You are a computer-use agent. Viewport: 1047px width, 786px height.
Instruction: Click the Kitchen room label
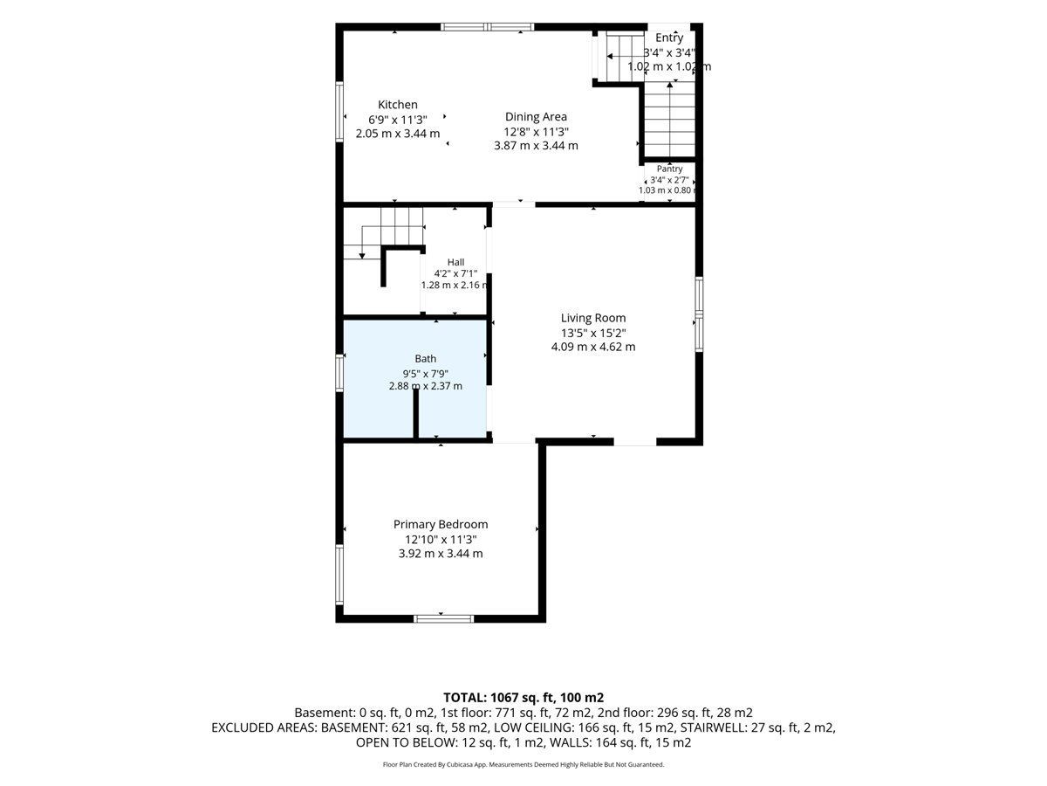[x=397, y=105]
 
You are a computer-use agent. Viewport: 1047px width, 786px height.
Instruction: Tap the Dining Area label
[x=536, y=116]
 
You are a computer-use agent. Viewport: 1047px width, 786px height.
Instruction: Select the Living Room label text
[x=593, y=318]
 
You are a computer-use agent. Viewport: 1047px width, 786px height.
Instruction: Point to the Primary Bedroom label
[x=441, y=525]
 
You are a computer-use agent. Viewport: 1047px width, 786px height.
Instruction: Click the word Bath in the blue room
[x=425, y=358]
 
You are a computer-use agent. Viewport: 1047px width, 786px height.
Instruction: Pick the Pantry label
[x=669, y=169]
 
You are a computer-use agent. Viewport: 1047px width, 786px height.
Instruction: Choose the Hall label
[x=455, y=262]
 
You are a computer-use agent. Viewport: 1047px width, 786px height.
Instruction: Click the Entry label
[x=669, y=38]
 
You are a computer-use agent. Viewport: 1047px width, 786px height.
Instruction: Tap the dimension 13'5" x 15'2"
[x=593, y=333]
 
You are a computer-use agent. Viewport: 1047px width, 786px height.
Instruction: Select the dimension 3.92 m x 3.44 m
[x=441, y=554]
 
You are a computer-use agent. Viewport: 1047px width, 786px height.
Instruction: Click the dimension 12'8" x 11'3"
[x=536, y=132]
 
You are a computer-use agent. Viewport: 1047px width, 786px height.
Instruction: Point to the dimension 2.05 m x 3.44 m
[x=397, y=134]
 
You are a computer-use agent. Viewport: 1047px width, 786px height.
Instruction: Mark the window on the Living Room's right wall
[x=698, y=314]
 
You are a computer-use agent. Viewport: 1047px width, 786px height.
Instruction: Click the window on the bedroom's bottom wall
[x=443, y=618]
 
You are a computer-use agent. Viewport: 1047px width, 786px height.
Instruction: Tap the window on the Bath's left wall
[x=339, y=373]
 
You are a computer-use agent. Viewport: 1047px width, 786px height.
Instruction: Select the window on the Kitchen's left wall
[x=339, y=112]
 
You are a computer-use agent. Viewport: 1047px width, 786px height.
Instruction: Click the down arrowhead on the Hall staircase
[x=362, y=256]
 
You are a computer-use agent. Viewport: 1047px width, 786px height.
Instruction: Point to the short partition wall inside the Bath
[x=415, y=413]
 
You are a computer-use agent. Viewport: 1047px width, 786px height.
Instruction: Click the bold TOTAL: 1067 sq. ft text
[x=497, y=698]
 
